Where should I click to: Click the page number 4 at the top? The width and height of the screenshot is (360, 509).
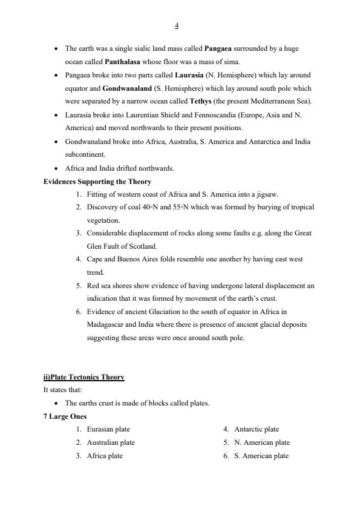pyautogui.click(x=176, y=25)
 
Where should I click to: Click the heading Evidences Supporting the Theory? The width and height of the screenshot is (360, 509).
pyautogui.click(x=97, y=181)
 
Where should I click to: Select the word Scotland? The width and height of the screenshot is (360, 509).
pyautogui.click(x=139, y=246)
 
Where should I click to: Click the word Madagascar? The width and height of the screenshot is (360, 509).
pyautogui.click(x=108, y=325)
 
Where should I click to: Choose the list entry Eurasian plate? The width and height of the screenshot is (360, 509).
pyautogui.click(x=108, y=429)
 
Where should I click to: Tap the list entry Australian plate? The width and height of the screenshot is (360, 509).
pyautogui.click(x=111, y=442)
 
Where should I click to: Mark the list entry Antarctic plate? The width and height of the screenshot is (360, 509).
pyautogui.click(x=257, y=429)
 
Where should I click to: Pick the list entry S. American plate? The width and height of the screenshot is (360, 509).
pyautogui.click(x=261, y=456)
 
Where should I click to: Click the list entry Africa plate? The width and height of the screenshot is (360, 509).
pyautogui.click(x=105, y=456)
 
